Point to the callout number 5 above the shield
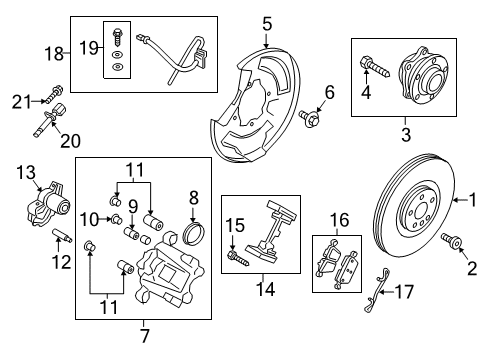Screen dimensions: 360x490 (x=266, y=20)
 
